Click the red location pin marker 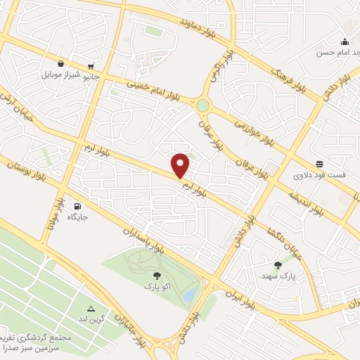click(x=181, y=165)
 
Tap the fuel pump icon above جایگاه click(x=77, y=206)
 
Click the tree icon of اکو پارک click(x=156, y=276)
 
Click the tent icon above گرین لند click(x=91, y=309)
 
